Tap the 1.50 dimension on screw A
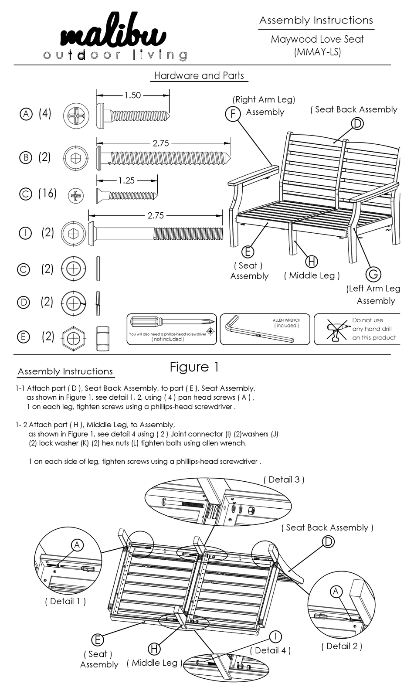pos(132,95)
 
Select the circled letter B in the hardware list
pos(26,157)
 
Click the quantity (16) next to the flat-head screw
pos(47,193)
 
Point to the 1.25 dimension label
pos(126,180)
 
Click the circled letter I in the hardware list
pos(25,233)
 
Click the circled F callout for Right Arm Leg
pos(233,114)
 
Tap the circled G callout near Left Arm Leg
pos(373,274)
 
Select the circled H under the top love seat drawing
pos(311,261)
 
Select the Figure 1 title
pos(194,367)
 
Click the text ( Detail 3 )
pos(284,480)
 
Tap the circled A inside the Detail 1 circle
pos(77,544)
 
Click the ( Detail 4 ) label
pos(270,650)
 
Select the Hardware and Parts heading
pos(199,75)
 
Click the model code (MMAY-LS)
pos(317,52)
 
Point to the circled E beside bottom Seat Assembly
pos(97,640)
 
